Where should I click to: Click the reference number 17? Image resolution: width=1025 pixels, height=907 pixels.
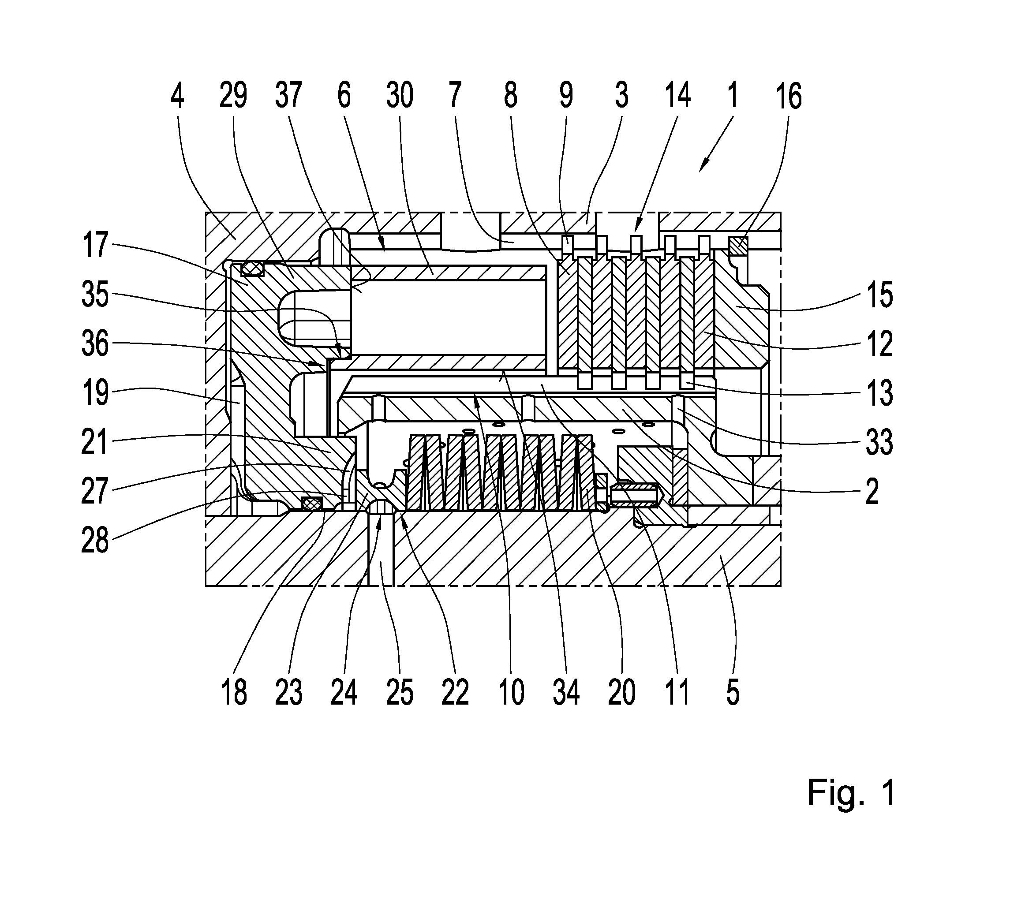pos(95,245)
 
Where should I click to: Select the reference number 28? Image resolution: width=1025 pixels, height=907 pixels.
pos(95,541)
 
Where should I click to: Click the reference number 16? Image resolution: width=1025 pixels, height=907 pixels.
pos(789,96)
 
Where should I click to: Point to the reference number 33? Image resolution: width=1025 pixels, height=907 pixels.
pos(879,442)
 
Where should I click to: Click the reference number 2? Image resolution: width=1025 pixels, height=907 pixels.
pos(872,491)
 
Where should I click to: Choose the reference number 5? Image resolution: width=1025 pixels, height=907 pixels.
pos(733,692)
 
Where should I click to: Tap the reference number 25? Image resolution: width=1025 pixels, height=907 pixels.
pos(400,692)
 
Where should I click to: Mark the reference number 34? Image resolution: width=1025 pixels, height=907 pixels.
pos(567,692)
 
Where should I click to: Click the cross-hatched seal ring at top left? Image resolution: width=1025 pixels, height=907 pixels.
pos(252,269)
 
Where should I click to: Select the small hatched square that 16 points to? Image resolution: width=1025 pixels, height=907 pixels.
pos(738,246)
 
